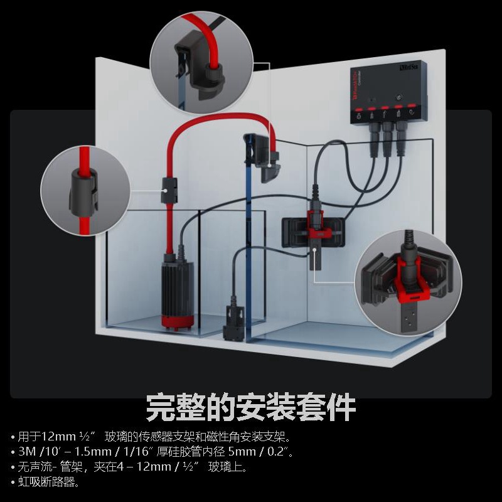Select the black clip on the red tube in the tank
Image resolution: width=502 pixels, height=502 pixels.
click(168, 190)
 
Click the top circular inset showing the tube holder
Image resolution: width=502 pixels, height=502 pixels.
click(201, 63)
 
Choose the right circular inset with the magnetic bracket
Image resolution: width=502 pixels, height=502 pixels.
click(408, 281)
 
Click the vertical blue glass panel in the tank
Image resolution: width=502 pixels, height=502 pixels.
click(249, 251)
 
